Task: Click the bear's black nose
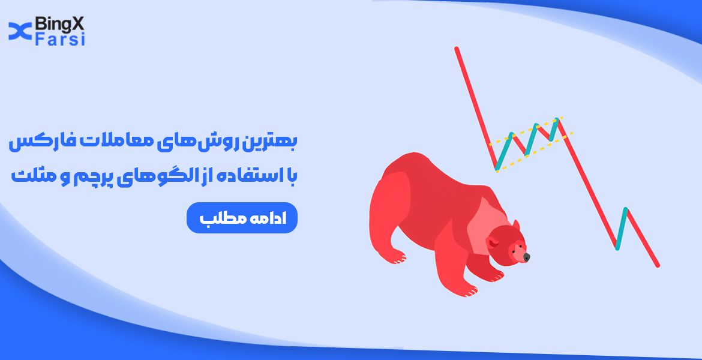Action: (x=526, y=257)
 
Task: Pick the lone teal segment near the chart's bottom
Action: (x=621, y=228)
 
